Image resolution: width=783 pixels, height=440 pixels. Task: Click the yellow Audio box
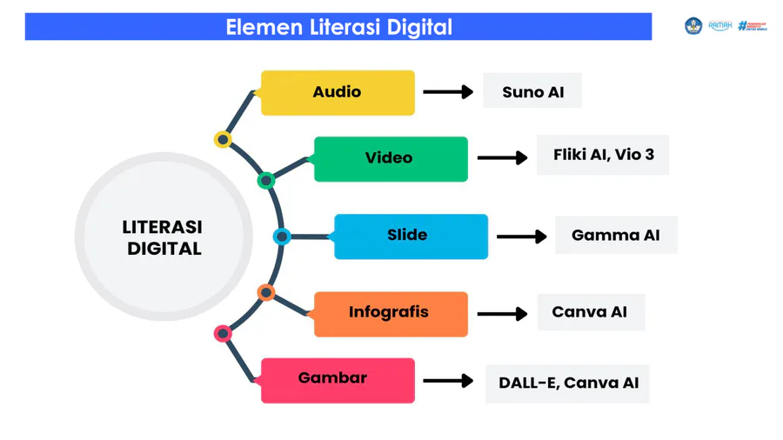point(338,92)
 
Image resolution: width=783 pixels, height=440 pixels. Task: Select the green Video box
point(390,158)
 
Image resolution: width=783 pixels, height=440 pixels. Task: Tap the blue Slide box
point(411,236)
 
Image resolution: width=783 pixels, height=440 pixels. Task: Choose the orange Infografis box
point(390,313)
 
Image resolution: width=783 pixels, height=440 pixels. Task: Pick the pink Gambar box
point(338,379)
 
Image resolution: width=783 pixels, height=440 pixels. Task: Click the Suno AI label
point(532,91)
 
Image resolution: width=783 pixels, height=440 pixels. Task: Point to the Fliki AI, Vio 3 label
point(603,156)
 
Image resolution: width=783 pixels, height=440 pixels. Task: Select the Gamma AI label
point(616,235)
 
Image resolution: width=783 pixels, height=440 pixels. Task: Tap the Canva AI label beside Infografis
point(590,311)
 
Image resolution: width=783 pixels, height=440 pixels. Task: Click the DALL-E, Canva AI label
point(568,382)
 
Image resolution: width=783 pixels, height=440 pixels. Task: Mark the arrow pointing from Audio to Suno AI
point(447,91)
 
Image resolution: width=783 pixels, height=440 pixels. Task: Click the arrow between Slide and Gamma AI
point(521,236)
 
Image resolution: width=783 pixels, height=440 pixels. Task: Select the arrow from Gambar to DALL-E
point(447,381)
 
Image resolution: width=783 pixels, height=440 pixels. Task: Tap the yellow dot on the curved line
point(223,139)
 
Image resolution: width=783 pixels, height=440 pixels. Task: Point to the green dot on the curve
point(266,181)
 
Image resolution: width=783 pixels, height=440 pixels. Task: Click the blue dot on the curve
point(281,236)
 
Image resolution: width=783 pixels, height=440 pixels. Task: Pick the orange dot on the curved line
point(266,291)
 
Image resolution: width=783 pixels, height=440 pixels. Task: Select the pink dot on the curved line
point(223,333)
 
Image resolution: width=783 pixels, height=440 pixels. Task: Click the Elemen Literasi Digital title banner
point(338,27)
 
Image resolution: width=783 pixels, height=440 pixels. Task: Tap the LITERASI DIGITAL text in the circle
point(164,237)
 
